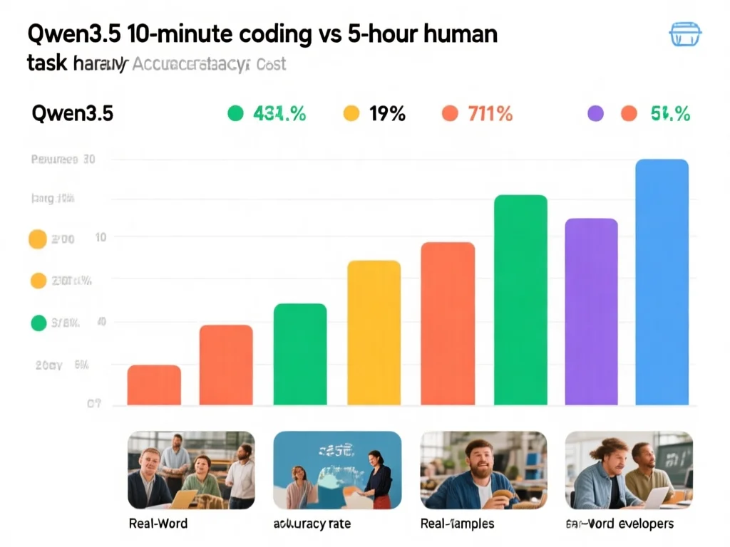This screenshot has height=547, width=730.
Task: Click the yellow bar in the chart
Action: tap(374, 333)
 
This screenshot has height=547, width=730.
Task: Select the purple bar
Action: tap(591, 311)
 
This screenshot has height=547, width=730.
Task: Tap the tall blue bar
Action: tap(662, 282)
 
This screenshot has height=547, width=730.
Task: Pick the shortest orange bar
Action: tap(154, 385)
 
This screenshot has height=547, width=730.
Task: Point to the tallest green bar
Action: tap(520, 300)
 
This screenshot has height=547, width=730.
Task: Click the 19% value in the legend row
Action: tap(387, 113)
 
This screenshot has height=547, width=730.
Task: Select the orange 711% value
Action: tap(490, 113)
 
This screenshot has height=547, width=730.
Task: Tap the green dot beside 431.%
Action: tap(235, 113)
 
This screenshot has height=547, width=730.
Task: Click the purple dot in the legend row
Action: tap(595, 113)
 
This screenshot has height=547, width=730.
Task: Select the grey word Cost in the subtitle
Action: tap(270, 64)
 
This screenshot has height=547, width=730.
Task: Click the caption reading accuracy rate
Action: tap(312, 523)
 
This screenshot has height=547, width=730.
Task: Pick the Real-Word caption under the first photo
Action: tap(158, 523)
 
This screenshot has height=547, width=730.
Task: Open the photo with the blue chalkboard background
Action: tap(337, 469)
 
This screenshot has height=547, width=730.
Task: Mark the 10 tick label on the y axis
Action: tap(101, 237)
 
